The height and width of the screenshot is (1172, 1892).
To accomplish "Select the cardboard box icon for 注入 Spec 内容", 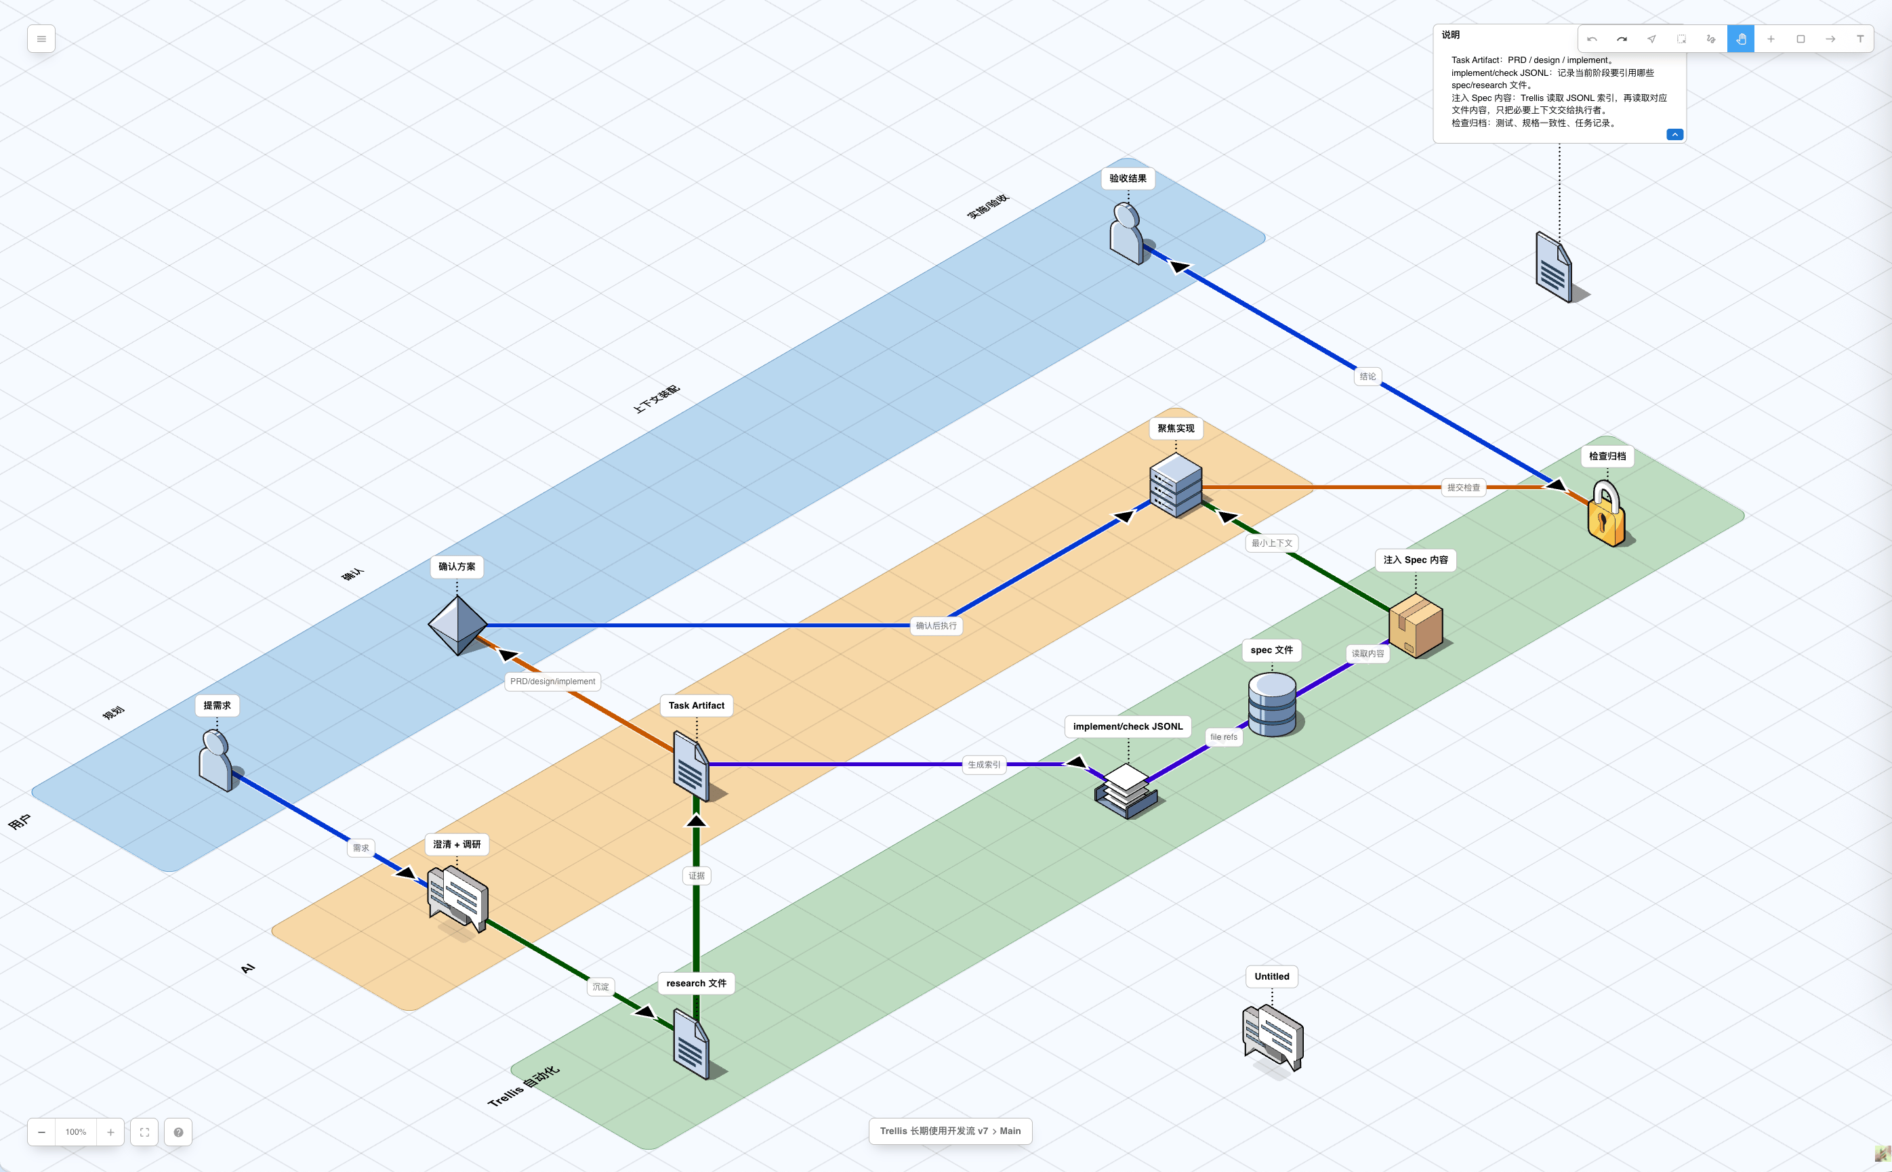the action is click(x=1416, y=625).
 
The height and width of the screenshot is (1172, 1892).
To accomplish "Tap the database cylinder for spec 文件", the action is click(x=1273, y=704).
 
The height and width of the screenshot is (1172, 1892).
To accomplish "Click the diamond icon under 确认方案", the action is click(x=457, y=625).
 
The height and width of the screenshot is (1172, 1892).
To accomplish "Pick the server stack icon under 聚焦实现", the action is click(x=1176, y=485).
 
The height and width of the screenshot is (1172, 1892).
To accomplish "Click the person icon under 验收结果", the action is click(x=1128, y=233).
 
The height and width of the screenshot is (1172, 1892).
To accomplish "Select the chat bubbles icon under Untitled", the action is click(x=1273, y=1038).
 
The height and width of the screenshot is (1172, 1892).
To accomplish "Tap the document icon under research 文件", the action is click(x=691, y=1044).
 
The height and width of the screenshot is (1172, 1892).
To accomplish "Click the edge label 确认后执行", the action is click(x=936, y=625).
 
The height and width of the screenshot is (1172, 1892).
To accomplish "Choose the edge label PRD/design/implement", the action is click(x=553, y=682).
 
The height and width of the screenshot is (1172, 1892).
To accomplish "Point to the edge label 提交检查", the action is click(x=1463, y=488).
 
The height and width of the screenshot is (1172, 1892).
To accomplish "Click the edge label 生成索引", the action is click(x=984, y=764).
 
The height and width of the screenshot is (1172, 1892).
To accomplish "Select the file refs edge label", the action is click(x=1224, y=737).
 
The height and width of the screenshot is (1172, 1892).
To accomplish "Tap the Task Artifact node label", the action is click(x=697, y=705).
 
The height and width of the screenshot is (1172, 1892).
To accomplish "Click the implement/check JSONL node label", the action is click(x=1128, y=726).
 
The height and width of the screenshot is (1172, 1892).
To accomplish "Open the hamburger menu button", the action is click(x=41, y=39).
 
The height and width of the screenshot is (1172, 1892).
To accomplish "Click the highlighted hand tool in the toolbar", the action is click(x=1741, y=39).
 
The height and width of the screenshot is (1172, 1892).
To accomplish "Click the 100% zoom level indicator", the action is click(x=76, y=1132).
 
